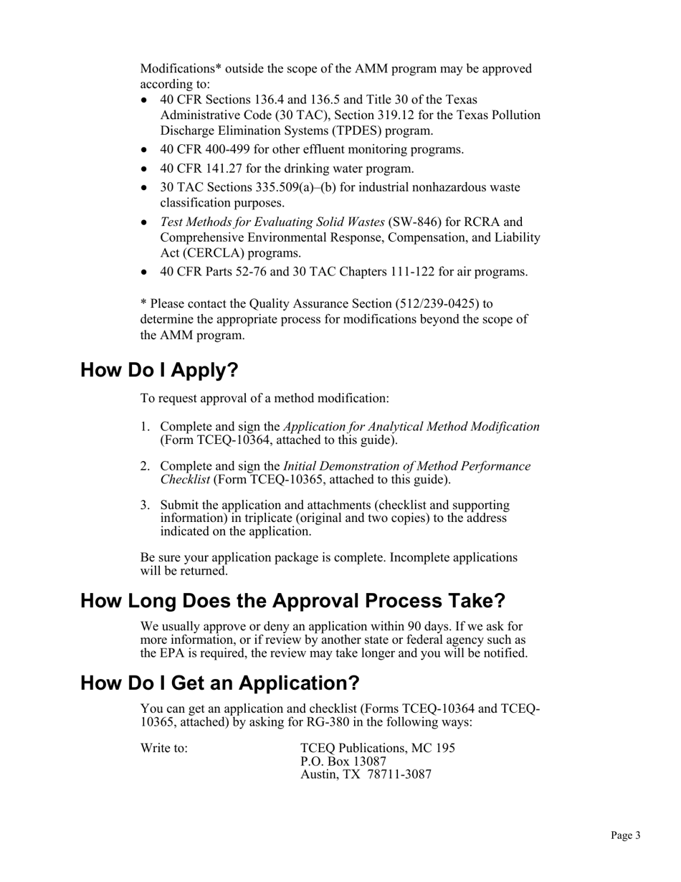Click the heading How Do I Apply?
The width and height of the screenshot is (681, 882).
click(x=158, y=370)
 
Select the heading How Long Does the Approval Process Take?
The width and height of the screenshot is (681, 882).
click(x=292, y=600)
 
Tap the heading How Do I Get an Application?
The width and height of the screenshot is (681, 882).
click(x=219, y=683)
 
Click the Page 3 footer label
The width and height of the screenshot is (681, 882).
click(x=625, y=835)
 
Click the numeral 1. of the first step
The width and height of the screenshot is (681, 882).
click(x=144, y=427)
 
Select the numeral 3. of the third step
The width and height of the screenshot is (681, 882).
click(x=144, y=505)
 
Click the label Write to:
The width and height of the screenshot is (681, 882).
click(x=164, y=748)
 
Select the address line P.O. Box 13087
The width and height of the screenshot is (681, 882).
click(x=343, y=761)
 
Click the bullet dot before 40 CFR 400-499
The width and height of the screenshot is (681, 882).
click(x=145, y=150)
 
